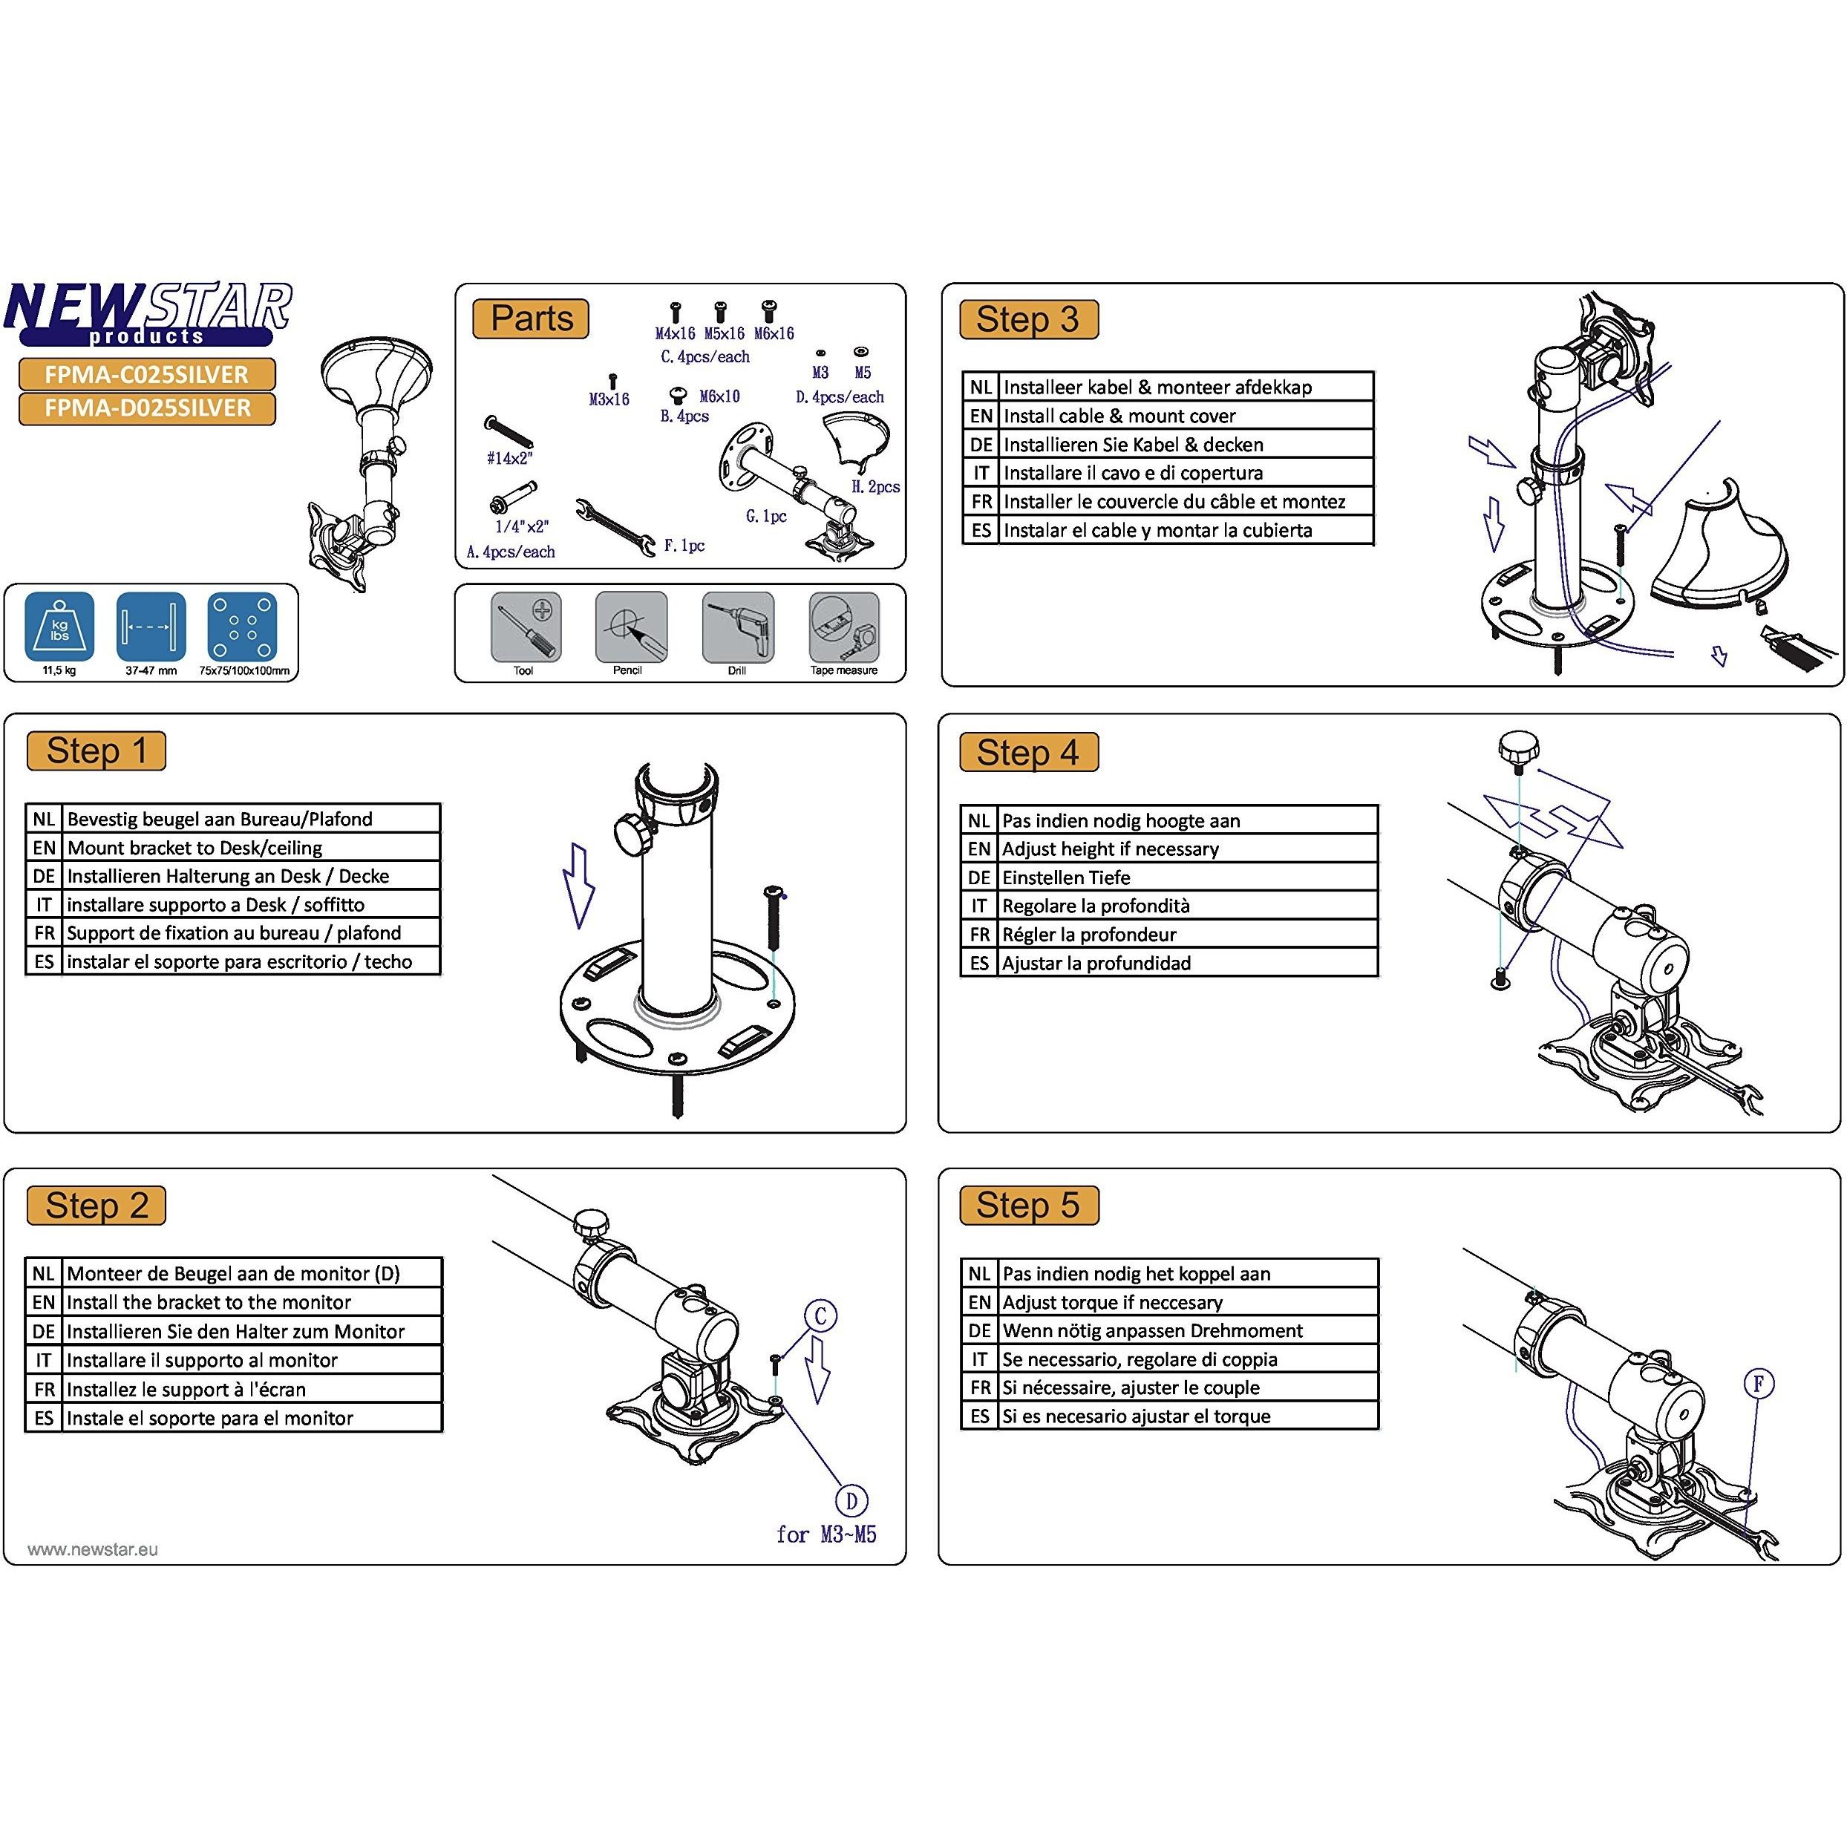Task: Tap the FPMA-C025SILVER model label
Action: pyautogui.click(x=146, y=374)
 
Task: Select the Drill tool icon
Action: pyautogui.click(x=737, y=627)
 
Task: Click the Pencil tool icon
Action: pyautogui.click(x=630, y=627)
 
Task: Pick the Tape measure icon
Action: pyautogui.click(x=843, y=627)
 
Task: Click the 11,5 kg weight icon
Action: pyautogui.click(x=59, y=627)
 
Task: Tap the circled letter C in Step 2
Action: pyautogui.click(x=820, y=1316)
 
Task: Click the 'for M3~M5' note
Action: pyautogui.click(x=826, y=1534)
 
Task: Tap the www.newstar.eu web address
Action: pyautogui.click(x=93, y=1549)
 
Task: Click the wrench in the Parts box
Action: pyautogui.click(x=615, y=525)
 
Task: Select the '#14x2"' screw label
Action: pyautogui.click(x=509, y=458)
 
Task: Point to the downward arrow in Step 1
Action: pyautogui.click(x=578, y=885)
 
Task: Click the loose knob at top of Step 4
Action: pyautogui.click(x=1518, y=748)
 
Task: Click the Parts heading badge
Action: pyautogui.click(x=531, y=318)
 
